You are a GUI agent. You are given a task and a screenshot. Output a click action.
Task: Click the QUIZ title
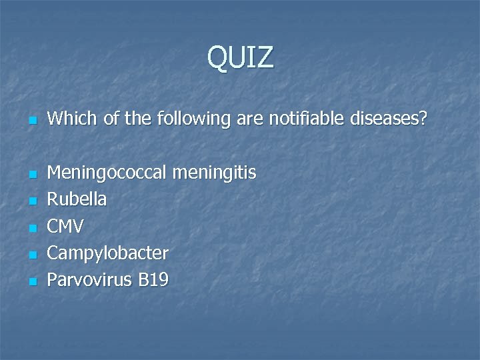(240, 57)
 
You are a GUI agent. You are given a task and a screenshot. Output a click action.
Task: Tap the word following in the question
(195, 120)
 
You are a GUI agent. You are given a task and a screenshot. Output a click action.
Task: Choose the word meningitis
(214, 173)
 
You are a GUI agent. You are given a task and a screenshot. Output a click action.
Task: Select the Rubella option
(77, 200)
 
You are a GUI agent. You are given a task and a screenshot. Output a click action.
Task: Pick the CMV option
(65, 227)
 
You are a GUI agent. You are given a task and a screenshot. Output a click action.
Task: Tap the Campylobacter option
(108, 254)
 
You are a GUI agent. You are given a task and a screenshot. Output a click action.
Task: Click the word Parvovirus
(90, 280)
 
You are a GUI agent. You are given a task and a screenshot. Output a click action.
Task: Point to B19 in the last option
(153, 280)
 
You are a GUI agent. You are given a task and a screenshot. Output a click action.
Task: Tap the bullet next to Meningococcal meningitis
(31, 175)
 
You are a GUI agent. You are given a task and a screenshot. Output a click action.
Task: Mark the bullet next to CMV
(31, 228)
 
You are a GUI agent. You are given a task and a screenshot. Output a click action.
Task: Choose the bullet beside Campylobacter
(31, 255)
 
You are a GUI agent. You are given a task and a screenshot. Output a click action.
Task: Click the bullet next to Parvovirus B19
(31, 281)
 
